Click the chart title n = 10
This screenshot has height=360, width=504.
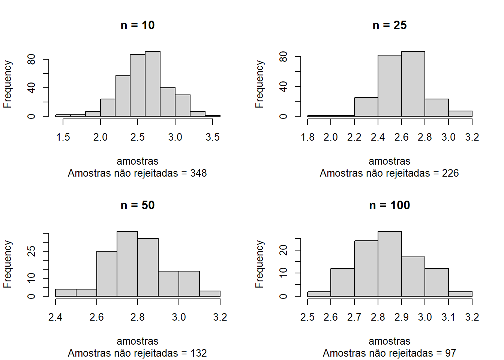[138, 25]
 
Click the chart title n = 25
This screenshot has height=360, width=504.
[390, 25]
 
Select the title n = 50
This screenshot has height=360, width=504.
[138, 205]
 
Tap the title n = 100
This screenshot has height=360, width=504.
[390, 205]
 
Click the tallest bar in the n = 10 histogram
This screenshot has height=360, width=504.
[153, 84]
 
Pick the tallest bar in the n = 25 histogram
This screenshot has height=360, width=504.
[413, 84]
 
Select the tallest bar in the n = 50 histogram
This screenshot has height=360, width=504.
[127, 264]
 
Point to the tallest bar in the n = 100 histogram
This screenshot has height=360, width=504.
[390, 264]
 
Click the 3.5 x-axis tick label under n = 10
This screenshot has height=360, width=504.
[213, 137]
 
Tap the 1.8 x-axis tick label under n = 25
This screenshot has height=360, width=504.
[307, 137]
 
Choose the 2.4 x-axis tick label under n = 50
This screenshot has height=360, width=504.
[55, 317]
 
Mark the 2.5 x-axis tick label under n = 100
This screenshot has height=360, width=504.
[307, 317]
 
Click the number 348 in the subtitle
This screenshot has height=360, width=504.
[198, 173]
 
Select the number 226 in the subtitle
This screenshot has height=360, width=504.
[450, 173]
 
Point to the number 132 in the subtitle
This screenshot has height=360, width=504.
[198, 353]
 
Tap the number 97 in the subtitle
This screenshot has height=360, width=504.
[450, 353]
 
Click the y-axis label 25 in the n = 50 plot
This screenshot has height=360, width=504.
[31, 251]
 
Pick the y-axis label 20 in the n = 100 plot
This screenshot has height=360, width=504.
[283, 250]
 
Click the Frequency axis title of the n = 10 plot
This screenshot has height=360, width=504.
[7, 84]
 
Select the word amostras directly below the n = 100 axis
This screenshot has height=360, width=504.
[390, 341]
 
